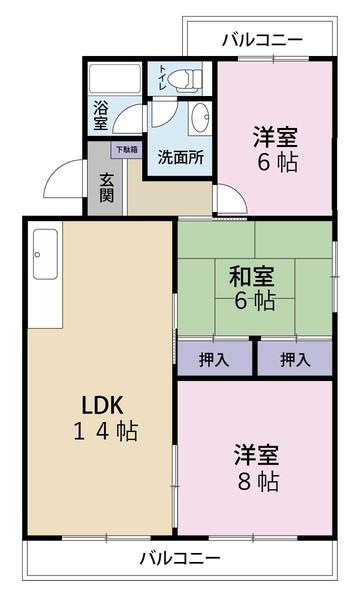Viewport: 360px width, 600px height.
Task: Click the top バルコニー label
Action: point(261,40)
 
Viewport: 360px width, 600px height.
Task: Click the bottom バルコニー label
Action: point(180,557)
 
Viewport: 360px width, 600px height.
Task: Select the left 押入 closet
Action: point(213,358)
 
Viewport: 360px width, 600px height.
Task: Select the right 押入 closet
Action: point(293,358)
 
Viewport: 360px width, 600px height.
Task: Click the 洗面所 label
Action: point(181,156)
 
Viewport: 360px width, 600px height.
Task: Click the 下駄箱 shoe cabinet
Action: point(125,150)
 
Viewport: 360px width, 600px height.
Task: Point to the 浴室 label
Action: point(100,115)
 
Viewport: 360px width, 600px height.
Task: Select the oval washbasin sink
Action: point(197,114)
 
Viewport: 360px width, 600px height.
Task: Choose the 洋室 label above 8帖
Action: point(257,454)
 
